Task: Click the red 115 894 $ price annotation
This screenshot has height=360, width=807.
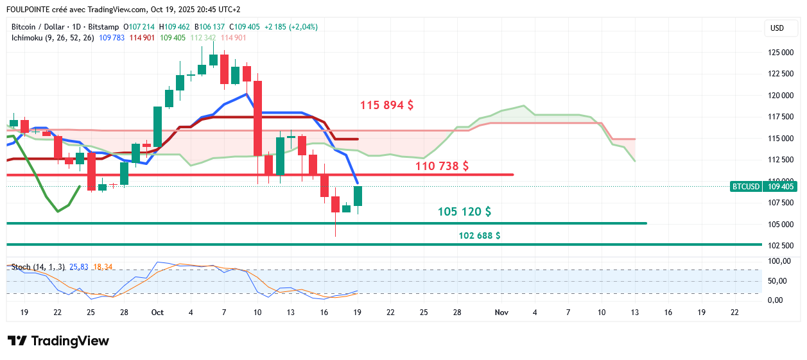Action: (386, 105)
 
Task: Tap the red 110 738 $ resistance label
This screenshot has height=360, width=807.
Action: (442, 166)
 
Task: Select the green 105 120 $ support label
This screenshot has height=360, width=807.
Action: (464, 212)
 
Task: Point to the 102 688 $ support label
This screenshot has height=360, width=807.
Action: (480, 236)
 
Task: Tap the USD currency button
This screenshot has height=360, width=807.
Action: (777, 28)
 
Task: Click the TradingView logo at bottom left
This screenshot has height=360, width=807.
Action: (58, 341)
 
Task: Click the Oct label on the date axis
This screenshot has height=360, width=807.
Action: (157, 312)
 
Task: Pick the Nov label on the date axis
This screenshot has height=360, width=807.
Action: (501, 312)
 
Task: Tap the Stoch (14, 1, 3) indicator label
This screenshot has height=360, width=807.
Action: (38, 266)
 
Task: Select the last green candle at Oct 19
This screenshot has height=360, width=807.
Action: (358, 196)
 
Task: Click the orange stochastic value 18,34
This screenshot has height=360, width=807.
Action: (103, 266)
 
